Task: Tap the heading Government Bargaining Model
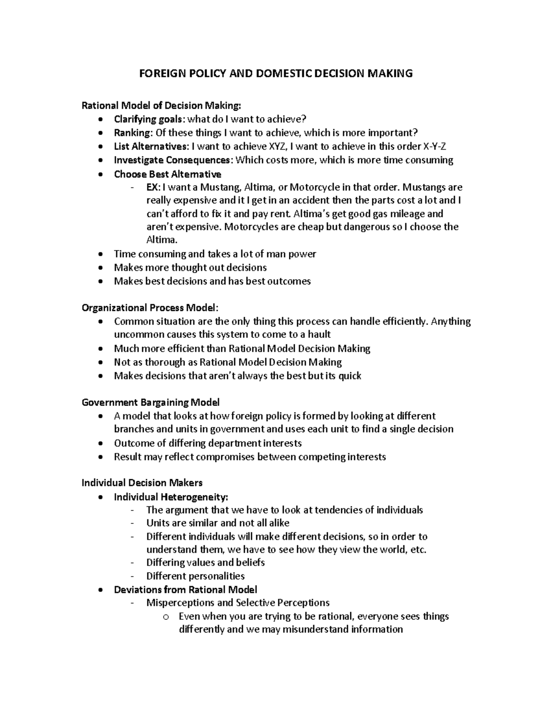pyautogui.click(x=150, y=403)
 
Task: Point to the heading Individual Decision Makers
pyautogui.click(x=142, y=483)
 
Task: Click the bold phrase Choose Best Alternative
pyautogui.click(x=167, y=174)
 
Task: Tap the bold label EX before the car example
pyautogui.click(x=152, y=187)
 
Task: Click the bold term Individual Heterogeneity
pyautogui.click(x=170, y=497)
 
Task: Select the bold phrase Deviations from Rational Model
pyautogui.click(x=185, y=589)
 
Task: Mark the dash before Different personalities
pyautogui.click(x=133, y=576)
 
